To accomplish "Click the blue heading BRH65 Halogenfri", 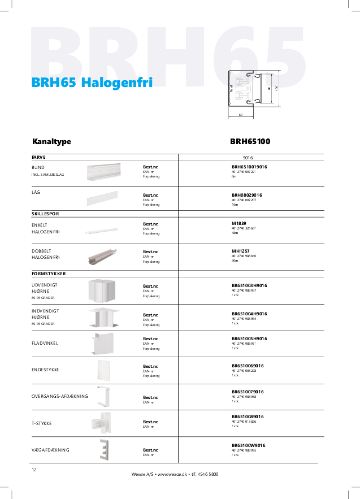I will (x=92, y=83).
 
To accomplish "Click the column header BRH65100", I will (x=250, y=141).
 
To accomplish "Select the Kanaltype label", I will (x=51, y=141).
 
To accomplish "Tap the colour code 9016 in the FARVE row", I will (x=248, y=158).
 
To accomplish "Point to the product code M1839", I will (x=239, y=223).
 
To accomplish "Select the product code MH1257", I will (x=240, y=251).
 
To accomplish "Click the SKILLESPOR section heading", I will (x=46, y=214).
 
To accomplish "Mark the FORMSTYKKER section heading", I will (x=49, y=274).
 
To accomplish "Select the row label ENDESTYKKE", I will (x=46, y=370).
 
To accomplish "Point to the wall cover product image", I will (x=104, y=450).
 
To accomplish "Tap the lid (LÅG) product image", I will (x=102, y=198).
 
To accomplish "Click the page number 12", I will (x=34, y=470).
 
